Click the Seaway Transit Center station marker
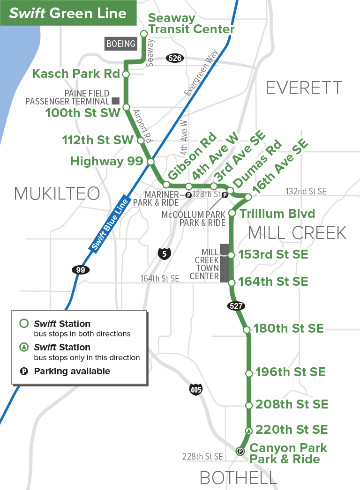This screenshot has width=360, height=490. (x=144, y=33)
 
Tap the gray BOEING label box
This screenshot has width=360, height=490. (x=120, y=44)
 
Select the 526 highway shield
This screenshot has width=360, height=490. (x=175, y=58)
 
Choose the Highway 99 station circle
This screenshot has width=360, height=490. (x=151, y=162)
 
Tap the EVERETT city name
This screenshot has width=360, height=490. (x=304, y=88)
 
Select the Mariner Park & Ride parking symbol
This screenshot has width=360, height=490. (x=188, y=195)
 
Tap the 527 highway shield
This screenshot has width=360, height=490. (x=236, y=306)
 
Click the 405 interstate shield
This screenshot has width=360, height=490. (x=196, y=389)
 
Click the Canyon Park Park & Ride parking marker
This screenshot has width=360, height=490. (x=240, y=452)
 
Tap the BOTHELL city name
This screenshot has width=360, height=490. (x=238, y=478)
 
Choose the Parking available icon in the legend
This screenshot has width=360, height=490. (x=23, y=371)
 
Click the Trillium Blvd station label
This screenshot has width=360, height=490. (x=277, y=214)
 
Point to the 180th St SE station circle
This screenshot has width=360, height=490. (x=247, y=330)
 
